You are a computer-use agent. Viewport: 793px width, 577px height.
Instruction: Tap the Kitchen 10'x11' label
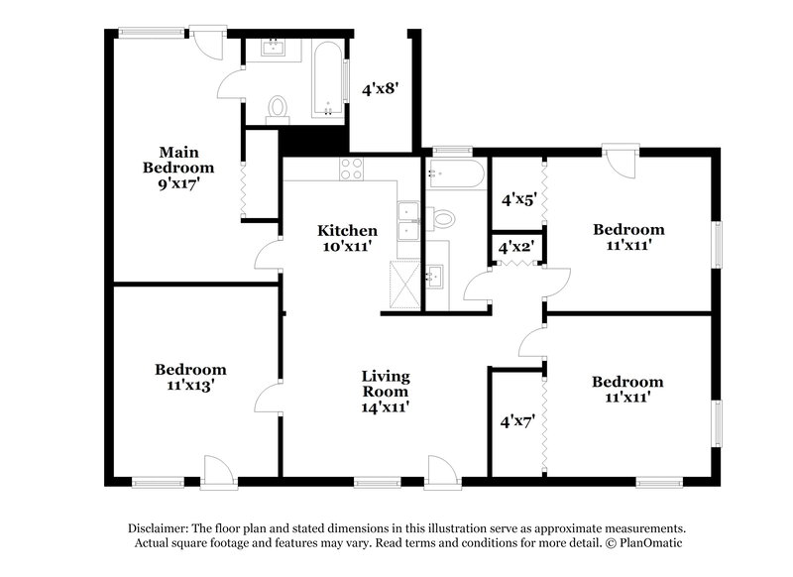(347, 238)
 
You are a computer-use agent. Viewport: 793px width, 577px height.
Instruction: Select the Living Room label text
(386, 391)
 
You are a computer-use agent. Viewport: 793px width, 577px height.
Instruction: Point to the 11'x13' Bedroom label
(190, 377)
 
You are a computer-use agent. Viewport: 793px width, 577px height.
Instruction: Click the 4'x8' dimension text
(380, 88)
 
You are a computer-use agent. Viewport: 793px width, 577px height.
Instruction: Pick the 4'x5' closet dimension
(518, 198)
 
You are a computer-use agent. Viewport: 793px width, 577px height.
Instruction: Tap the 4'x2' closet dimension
(516, 247)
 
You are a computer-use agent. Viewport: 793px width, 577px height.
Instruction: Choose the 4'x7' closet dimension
(517, 421)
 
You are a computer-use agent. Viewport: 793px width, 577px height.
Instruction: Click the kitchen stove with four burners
(352, 168)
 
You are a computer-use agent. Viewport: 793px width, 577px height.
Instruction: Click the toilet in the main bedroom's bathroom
(278, 106)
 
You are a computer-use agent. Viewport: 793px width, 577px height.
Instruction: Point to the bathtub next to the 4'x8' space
(326, 79)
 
